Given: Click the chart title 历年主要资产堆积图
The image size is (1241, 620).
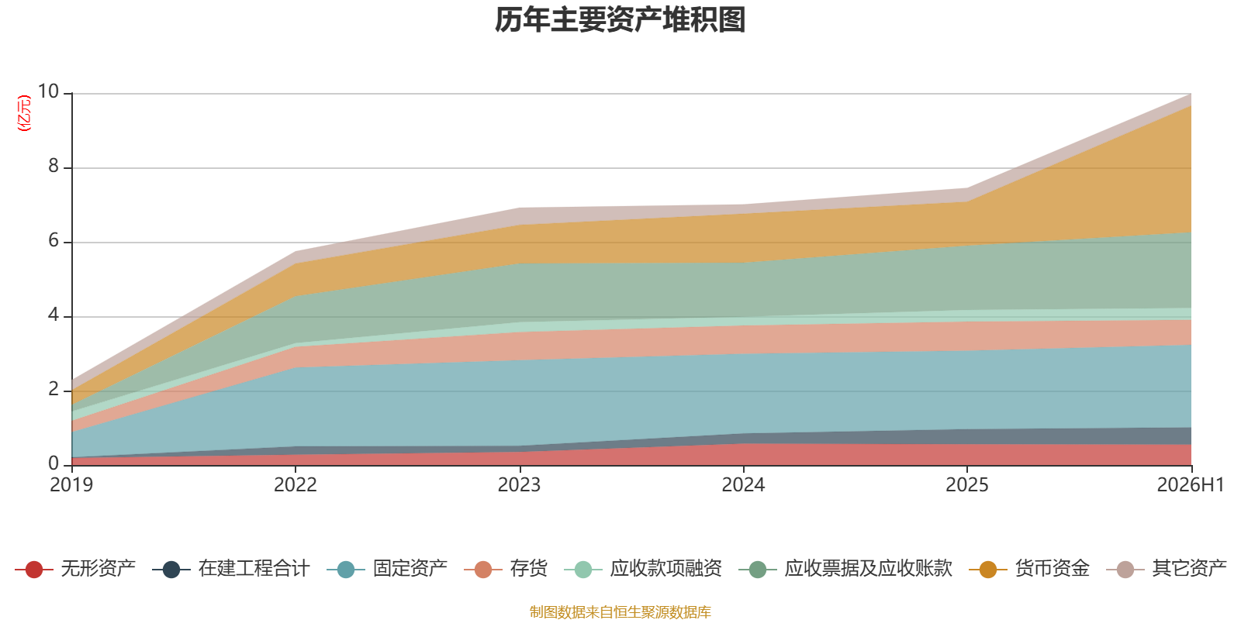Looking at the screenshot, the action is [x=620, y=20].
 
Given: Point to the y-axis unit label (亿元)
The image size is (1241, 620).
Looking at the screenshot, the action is [x=24, y=113].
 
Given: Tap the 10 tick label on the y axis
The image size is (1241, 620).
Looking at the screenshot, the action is [x=48, y=91].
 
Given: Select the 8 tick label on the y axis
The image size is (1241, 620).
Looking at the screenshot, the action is [x=54, y=166].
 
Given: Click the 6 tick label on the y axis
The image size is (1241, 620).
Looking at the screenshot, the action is [x=54, y=240].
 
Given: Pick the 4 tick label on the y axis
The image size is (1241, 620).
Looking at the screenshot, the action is [x=54, y=315].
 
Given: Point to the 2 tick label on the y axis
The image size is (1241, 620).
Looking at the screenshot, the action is [x=54, y=389].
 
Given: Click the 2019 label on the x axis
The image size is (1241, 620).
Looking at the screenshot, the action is [x=71, y=485].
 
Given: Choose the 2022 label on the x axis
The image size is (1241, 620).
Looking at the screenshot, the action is [x=296, y=485].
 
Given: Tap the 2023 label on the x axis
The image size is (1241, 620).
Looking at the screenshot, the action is [x=519, y=485].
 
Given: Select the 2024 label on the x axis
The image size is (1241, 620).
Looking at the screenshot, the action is [x=743, y=485].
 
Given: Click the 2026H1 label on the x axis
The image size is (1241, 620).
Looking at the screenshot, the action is [x=1191, y=485].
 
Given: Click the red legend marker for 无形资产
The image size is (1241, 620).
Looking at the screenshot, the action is [x=34, y=569].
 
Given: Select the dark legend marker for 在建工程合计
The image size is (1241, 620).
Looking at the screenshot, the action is [x=171, y=569].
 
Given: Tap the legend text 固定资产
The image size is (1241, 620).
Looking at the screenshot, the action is [x=410, y=569].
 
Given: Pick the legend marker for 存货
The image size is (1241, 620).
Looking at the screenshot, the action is [x=483, y=569].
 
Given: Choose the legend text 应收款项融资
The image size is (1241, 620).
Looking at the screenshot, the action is [x=665, y=569].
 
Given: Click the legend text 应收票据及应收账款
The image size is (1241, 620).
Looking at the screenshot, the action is [x=868, y=569].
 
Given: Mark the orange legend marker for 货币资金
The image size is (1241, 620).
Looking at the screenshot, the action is [x=988, y=569].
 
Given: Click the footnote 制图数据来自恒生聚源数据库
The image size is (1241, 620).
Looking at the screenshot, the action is [x=620, y=611].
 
